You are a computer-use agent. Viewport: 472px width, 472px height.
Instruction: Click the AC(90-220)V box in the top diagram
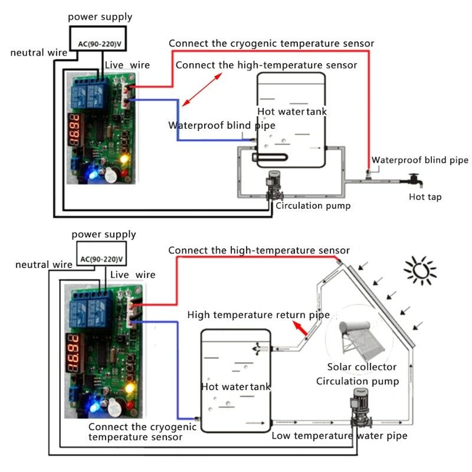tap(101, 43)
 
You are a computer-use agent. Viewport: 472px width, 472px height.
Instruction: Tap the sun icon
tap(419, 270)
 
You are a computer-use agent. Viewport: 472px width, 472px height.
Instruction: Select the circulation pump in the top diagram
tap(273, 186)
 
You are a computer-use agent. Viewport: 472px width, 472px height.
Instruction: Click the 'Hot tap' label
tap(425, 196)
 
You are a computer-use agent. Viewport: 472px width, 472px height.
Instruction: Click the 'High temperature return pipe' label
tap(258, 315)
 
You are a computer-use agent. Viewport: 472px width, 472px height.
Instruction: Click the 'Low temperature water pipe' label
tap(339, 436)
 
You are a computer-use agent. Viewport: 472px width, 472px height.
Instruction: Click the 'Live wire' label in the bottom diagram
tap(133, 274)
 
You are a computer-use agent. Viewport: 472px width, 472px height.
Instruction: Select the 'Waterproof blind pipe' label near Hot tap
tap(419, 160)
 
